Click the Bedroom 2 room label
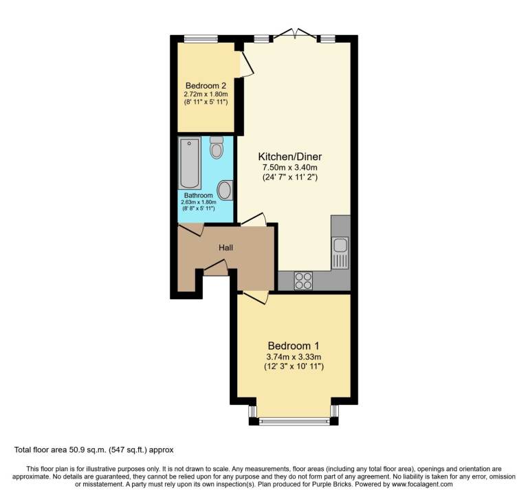tap(206, 85)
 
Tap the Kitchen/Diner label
tap(290, 157)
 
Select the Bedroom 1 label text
tap(294, 346)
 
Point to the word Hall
tap(225, 247)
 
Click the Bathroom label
tap(198, 195)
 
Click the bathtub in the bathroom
tap(190, 163)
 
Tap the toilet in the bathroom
tap(217, 147)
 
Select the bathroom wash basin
tap(225, 190)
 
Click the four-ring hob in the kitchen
tap(303, 280)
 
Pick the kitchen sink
tap(340, 252)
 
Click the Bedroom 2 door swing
tap(247, 64)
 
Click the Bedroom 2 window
tap(201, 38)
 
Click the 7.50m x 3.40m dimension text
tap(290, 167)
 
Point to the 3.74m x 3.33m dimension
tap(294, 357)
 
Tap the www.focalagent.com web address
tap(421, 484)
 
